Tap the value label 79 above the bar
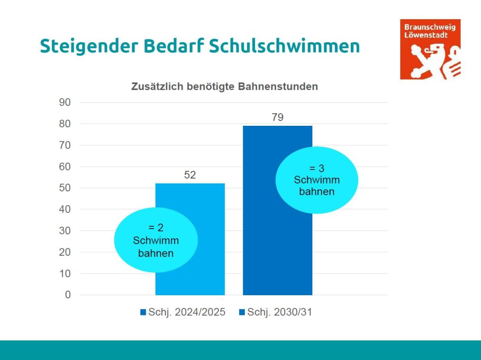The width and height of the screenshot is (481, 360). coord(278,117)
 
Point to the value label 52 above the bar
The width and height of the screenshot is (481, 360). coord(190,176)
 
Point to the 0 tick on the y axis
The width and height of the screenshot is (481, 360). coord(68,295)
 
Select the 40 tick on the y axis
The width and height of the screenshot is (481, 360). coord(65,209)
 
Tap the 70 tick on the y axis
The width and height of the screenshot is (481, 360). coord(65,146)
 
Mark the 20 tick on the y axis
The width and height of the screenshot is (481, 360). coord(65,252)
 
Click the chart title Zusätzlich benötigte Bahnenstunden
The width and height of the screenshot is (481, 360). coord(225,87)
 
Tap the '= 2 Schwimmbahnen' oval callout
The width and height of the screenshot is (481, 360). coord(156,240)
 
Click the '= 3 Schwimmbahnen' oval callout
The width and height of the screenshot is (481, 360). coord(317,180)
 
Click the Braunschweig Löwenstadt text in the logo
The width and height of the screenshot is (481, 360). coord(429,31)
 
